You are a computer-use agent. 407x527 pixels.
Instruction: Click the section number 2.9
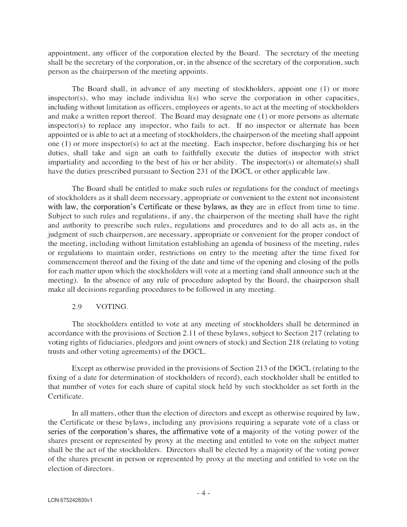77,307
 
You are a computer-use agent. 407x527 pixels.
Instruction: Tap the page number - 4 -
203,493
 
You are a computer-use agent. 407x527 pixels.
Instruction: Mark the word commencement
73,262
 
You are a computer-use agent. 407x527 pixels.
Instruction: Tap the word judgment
64,234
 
